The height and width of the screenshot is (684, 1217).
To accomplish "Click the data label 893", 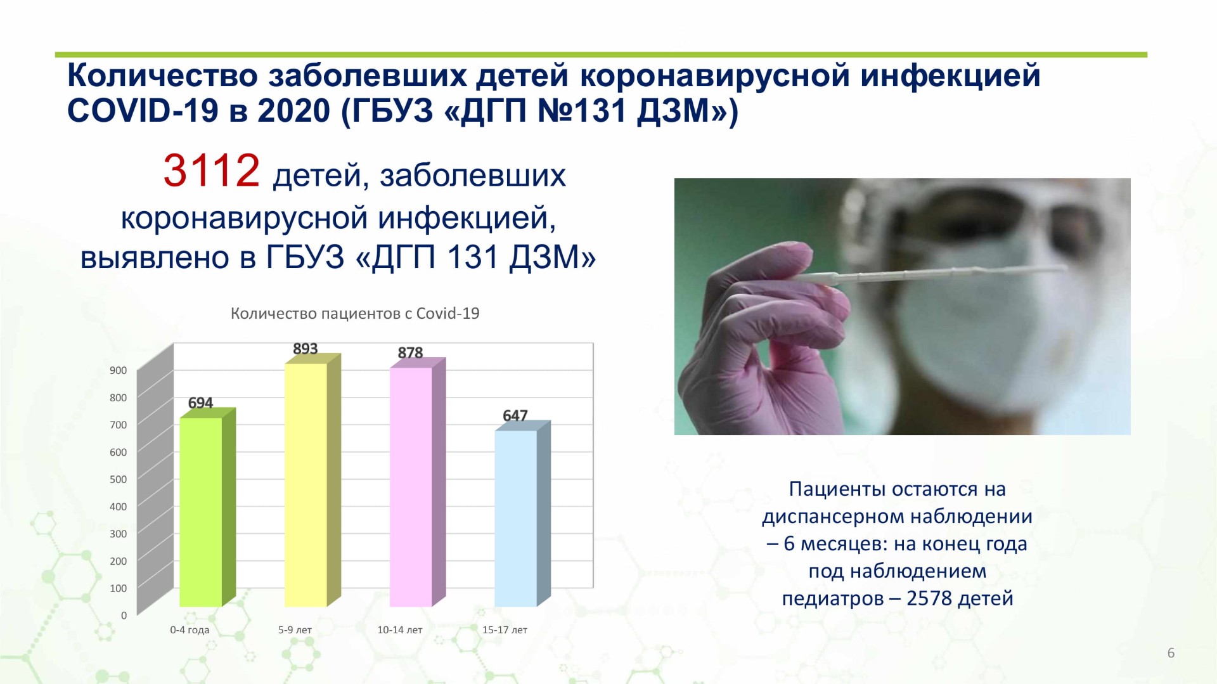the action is coord(305,349).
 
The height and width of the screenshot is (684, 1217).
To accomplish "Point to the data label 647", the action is coord(515,415).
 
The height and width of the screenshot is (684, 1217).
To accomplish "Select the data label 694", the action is coord(200,403).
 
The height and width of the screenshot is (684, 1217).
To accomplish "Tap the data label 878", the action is coord(410,352).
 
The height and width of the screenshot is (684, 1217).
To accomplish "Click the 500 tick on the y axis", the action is coord(119,479).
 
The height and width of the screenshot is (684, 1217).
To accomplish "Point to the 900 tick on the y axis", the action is coord(119,370).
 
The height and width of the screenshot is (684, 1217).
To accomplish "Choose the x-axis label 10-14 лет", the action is coord(400,630).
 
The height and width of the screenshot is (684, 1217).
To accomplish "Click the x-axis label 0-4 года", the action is coord(190,630).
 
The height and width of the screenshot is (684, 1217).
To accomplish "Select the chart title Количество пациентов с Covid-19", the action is coord(355,313).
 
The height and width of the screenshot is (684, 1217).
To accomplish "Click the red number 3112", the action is coord(211,171).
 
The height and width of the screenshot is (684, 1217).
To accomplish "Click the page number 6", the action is coord(1171,653).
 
